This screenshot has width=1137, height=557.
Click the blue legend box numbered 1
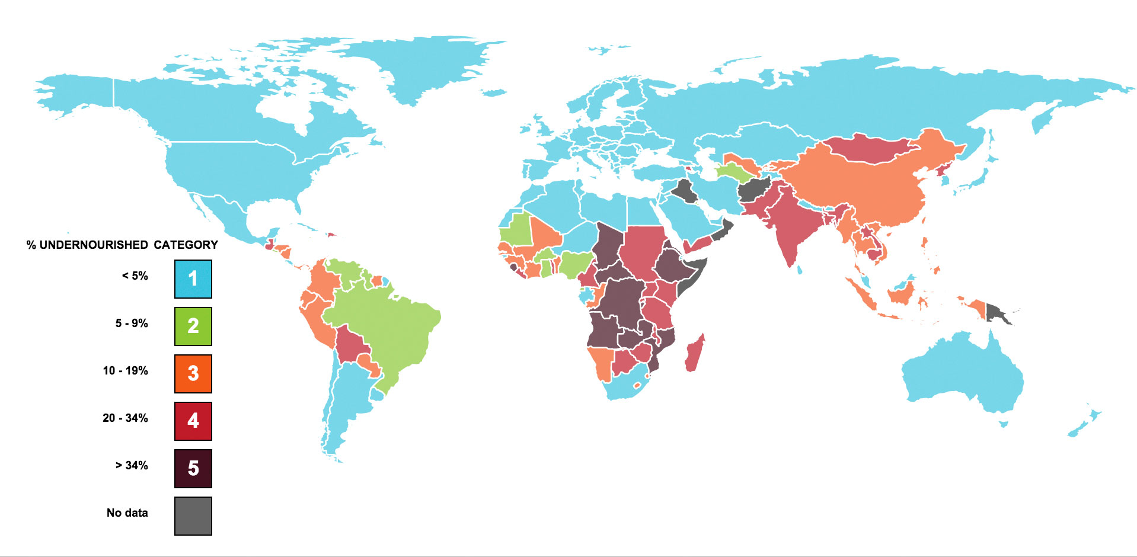[193, 278]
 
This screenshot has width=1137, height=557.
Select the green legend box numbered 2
[193, 326]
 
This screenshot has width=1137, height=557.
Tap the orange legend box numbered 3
[193, 373]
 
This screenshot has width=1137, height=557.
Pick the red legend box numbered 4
[193, 421]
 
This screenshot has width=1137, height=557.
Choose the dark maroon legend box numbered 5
[193, 468]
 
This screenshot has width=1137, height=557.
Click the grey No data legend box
[193, 516]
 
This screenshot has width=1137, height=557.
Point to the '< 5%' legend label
[135, 276]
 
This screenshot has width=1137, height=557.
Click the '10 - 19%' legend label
[125, 371]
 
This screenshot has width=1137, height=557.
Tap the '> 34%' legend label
[132, 466]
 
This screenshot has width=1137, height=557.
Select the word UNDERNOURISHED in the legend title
[94, 245]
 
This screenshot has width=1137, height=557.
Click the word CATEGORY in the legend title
[186, 245]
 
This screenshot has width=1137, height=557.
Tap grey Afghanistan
[753, 190]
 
